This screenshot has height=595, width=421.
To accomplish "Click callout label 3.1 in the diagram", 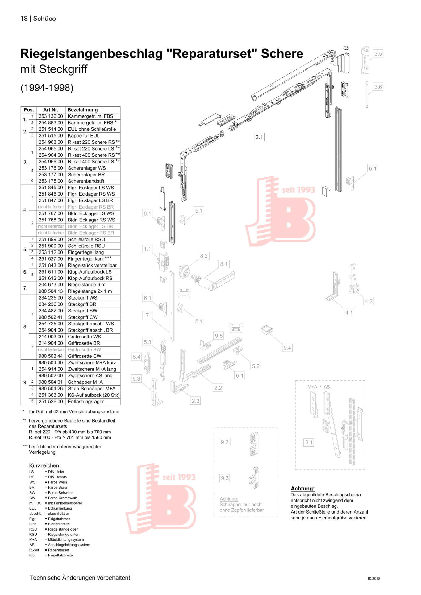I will (259, 137).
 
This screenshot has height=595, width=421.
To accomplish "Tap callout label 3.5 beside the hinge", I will (378, 54).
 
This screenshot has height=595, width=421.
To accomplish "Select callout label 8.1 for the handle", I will (224, 264).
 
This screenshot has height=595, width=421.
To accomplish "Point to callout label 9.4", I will (287, 348).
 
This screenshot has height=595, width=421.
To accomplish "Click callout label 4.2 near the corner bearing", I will (369, 301).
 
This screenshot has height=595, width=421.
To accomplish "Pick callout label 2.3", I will (196, 401).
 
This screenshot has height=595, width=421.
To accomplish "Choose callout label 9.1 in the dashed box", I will (309, 443).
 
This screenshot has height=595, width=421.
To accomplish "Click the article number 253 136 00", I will (51, 116).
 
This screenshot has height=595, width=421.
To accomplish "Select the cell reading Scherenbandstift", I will (86, 181).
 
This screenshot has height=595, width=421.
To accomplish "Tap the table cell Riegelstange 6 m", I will (86, 285).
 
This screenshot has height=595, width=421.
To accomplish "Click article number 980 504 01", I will (51, 382).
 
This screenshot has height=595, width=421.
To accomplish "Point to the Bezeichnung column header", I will (82, 110).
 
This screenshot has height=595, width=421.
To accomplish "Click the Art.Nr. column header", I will (51, 110).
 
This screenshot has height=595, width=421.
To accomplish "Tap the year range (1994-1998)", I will (47, 88).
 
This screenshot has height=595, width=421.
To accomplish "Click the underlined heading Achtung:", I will (302, 489).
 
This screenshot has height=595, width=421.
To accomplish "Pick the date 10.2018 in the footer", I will (373, 579).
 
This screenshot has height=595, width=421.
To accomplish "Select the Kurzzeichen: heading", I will (45, 465).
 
